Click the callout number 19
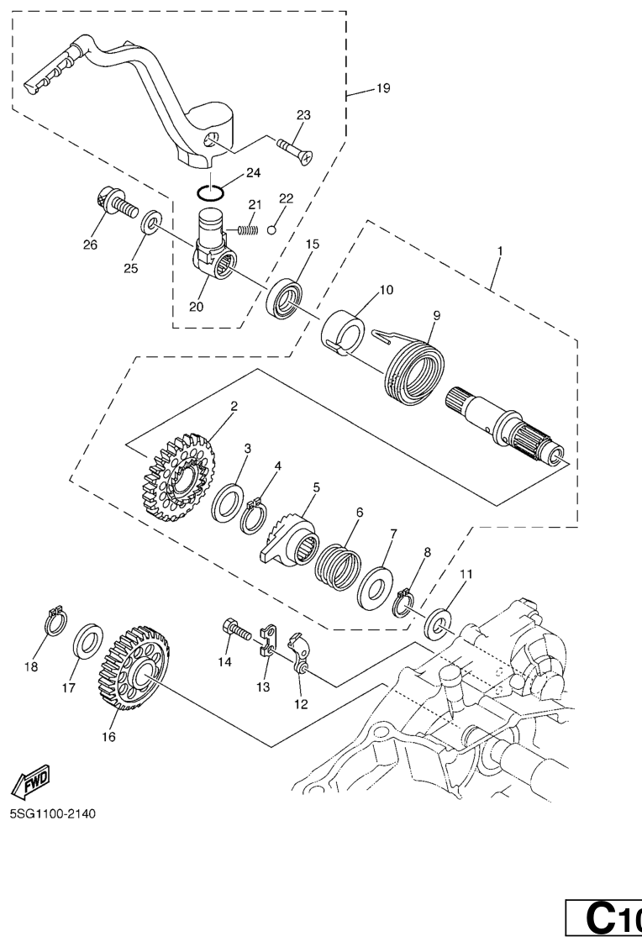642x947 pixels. pos(383,88)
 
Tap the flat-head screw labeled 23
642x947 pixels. pos(296,150)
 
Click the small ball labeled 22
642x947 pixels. pos(271,229)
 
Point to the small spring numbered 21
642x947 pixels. pos(246,229)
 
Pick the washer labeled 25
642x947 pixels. pos(151,222)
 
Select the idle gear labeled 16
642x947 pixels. pos(133,667)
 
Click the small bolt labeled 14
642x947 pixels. pos(236,630)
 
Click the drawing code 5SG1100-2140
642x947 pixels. pos(53,813)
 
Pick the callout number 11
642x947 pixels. pos(466,574)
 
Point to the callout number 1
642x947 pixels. pos(499,250)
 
